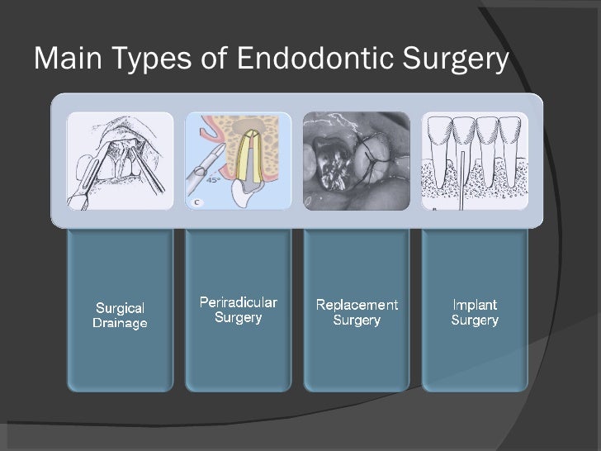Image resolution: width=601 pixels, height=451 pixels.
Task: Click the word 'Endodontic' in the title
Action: [311, 59]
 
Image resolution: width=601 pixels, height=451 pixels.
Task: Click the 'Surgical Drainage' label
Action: [120, 316]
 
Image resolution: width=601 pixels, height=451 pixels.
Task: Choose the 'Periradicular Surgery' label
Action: [239, 309]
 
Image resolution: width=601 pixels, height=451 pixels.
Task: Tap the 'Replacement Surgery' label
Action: [357, 312]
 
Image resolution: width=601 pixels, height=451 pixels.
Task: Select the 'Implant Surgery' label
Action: [475, 312]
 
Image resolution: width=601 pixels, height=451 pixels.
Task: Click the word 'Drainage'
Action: [120, 323]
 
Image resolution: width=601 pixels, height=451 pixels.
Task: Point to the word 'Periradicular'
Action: [239, 301]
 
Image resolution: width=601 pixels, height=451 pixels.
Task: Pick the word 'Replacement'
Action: [357, 305]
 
